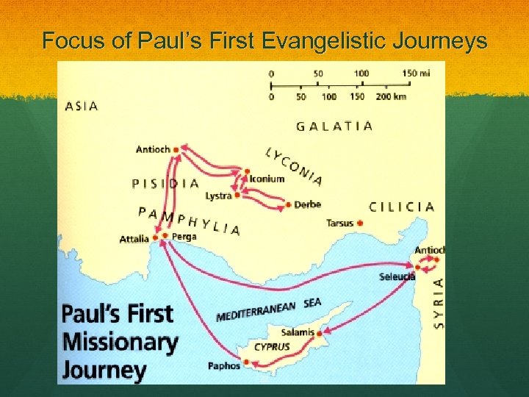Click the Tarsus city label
tap(339, 223)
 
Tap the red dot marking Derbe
tap(289, 204)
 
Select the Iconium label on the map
tap(267, 179)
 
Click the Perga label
tap(184, 237)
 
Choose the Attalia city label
tap(134, 239)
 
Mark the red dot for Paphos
tap(247, 362)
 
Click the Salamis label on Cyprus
tap(298, 332)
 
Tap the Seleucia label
tap(397, 277)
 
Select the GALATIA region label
tap(334, 126)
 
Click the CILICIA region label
tap(401, 207)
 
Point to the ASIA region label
tap(82, 106)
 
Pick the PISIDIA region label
tap(165, 183)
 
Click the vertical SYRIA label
tap(439, 302)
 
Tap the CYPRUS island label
tap(272, 346)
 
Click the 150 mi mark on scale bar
tap(416, 74)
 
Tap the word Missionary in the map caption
tap(120, 342)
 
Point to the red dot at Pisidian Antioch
tap(176, 149)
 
